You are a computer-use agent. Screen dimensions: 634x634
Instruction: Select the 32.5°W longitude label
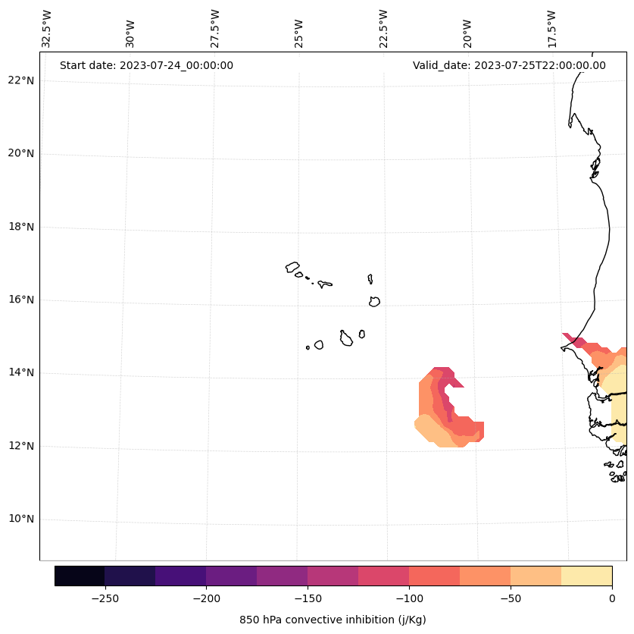[x=47, y=29]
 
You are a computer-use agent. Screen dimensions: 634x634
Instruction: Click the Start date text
[x=146, y=65]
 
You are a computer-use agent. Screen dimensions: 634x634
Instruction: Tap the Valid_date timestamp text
[x=509, y=65]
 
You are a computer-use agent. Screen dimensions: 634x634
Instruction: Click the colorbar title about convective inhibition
[x=333, y=620]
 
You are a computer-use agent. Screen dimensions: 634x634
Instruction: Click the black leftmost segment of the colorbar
[x=80, y=576]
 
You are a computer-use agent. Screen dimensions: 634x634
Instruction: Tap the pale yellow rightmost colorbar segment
[x=586, y=576]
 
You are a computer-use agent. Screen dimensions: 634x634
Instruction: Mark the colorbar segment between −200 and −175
[x=231, y=576]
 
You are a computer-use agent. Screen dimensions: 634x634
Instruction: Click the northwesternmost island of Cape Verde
[x=292, y=267]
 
